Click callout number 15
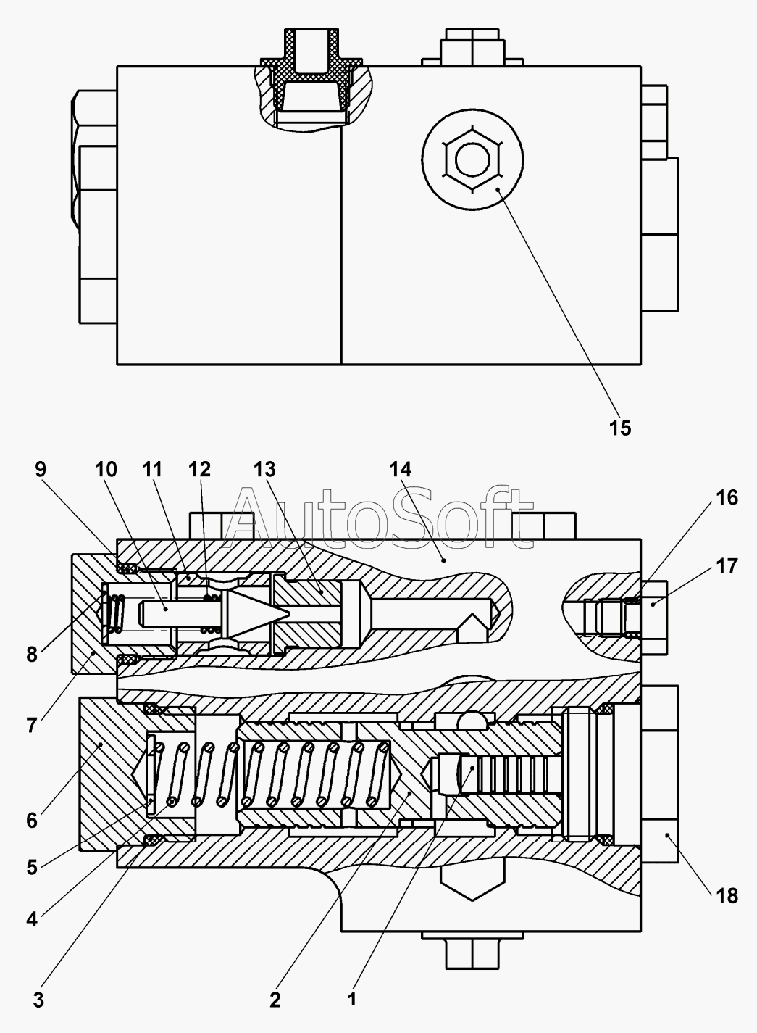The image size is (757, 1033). [619, 428]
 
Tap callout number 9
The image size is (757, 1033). [41, 470]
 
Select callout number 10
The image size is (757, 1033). [106, 470]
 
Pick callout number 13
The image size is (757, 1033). [264, 470]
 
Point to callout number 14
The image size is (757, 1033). [401, 470]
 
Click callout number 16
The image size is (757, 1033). [727, 498]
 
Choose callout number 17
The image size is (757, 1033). [727, 566]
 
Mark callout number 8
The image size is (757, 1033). [31, 655]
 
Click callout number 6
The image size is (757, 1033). [31, 821]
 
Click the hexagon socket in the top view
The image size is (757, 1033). [472, 159]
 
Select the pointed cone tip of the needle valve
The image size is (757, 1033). [288, 613]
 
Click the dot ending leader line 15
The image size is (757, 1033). [498, 189]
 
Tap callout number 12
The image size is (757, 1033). [199, 470]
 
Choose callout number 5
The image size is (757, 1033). [31, 868]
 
